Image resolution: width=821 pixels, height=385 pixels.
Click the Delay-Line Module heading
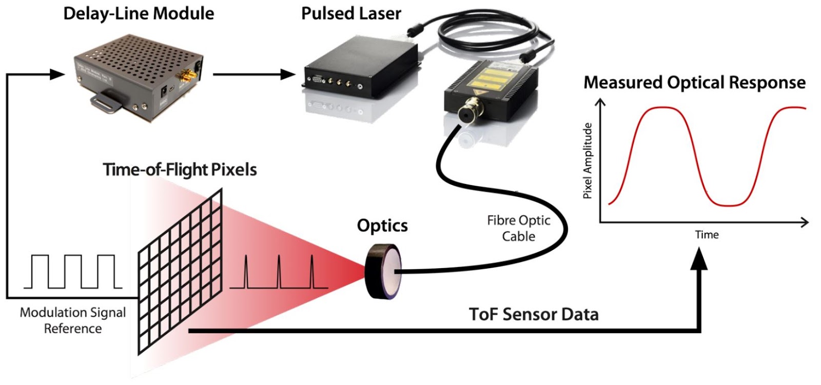[x=139, y=14]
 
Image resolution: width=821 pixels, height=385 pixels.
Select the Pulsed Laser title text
[x=351, y=14]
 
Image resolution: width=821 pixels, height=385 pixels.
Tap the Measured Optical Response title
[x=694, y=83]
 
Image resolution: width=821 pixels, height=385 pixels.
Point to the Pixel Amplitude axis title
[x=588, y=160]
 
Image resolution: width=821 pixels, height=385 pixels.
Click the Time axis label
[x=707, y=235]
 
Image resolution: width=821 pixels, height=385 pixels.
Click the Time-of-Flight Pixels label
[x=180, y=170]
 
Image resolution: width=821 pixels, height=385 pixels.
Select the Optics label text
[x=382, y=226]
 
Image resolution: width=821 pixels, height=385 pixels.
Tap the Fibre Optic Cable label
[x=518, y=229]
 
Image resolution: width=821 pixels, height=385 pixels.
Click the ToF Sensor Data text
[x=534, y=314]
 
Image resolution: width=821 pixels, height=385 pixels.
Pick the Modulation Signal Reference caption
[x=72, y=320]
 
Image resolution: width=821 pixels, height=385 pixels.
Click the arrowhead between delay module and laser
[x=287, y=74]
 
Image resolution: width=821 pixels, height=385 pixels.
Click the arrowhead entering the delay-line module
[x=56, y=74]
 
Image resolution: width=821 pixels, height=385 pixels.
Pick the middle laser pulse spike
[x=279, y=272]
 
